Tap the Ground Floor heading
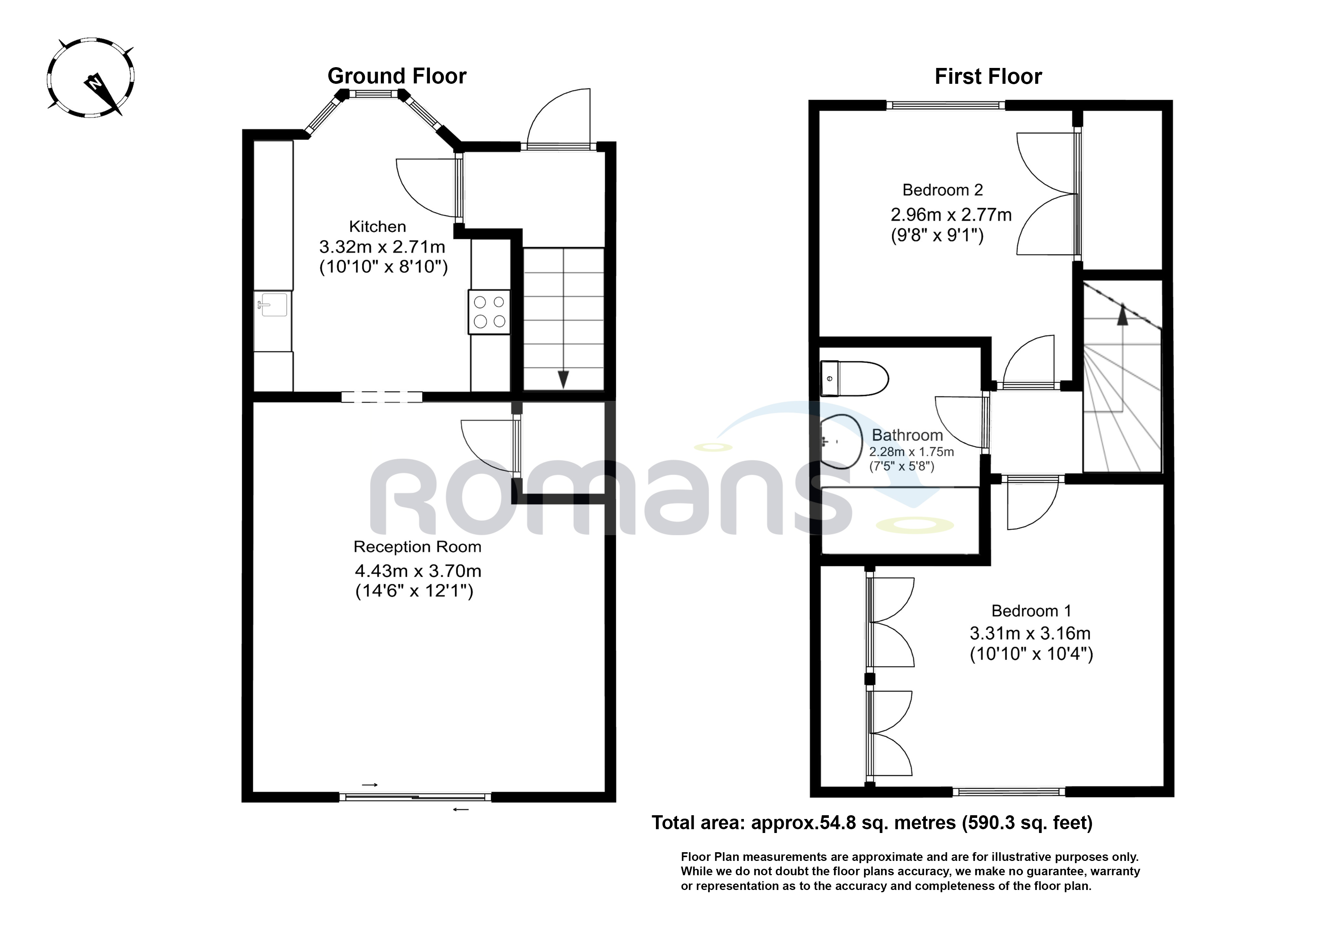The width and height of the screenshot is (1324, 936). point(397,76)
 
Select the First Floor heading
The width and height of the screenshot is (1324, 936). point(988,77)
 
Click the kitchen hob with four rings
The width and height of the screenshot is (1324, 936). point(489,311)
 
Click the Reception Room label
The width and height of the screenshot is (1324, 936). point(417,547)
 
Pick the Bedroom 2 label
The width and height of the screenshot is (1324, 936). point(942,190)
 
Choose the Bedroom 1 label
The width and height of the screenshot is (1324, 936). point(1031,611)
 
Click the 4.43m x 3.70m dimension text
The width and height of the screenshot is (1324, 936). point(417,571)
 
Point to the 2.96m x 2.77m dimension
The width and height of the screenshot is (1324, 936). point(951,215)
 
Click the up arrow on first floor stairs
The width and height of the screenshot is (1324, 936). point(1122,316)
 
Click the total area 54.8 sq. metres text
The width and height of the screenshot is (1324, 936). point(871,822)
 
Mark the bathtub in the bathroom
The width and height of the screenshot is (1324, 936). point(901,521)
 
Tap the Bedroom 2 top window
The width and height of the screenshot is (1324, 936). point(945,105)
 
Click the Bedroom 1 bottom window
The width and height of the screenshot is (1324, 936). point(1008,792)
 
